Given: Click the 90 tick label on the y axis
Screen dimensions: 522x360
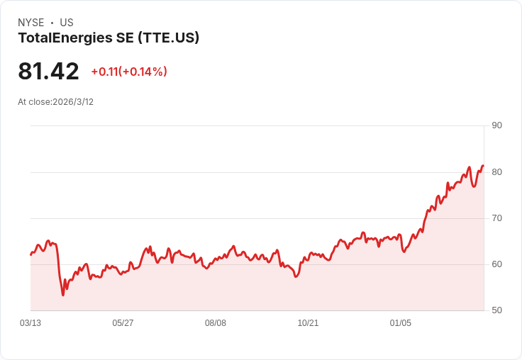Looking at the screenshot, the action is (496, 125).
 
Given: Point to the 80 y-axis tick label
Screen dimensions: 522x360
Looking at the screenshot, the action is (496, 172).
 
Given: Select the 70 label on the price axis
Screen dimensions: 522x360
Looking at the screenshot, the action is (496, 218).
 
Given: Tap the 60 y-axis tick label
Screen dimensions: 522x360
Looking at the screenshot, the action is (496, 264).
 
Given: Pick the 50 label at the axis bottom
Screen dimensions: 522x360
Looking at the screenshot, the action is (496, 310).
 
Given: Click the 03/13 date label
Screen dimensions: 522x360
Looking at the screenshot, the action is (30, 322).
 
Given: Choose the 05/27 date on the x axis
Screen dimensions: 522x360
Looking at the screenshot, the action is (123, 322).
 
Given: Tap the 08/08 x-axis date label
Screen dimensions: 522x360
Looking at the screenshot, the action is (216, 322).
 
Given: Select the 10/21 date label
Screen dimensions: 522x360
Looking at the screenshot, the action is (308, 322).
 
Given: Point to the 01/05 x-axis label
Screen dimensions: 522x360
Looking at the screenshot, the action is (401, 322).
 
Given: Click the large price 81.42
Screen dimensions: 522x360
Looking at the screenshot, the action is (48, 71).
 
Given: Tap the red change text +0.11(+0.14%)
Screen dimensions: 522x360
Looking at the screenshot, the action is (129, 72).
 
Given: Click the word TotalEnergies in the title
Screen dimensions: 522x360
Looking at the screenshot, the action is (65, 38).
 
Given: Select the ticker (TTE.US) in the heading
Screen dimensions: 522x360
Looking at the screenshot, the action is (169, 38).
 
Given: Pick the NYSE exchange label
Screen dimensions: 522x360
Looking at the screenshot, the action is (31, 23).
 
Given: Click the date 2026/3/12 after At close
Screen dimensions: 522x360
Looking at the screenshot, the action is (73, 102).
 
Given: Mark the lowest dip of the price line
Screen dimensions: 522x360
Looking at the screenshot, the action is (63, 295).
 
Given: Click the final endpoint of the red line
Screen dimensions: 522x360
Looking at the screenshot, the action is (484, 166).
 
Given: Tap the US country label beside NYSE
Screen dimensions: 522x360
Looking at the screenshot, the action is (67, 23).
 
